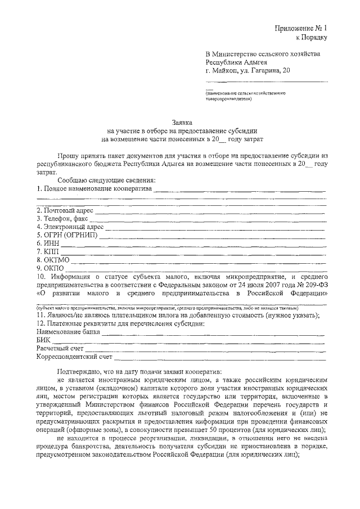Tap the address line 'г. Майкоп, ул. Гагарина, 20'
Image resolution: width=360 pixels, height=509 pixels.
[x=249, y=71]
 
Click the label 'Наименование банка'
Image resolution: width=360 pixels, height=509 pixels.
[x=68, y=331]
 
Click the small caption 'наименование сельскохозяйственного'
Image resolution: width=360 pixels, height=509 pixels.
[x=246, y=93]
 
